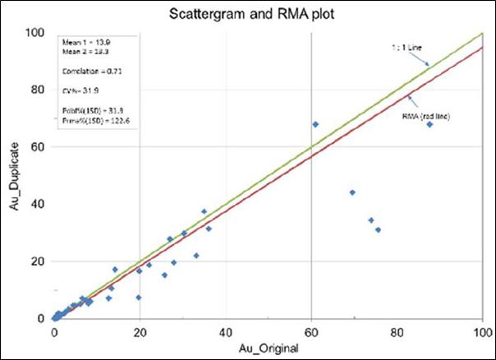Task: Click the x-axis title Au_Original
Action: [269, 348]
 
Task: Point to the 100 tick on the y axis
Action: [34, 33]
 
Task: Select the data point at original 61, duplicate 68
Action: [315, 124]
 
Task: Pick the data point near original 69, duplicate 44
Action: [352, 192]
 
